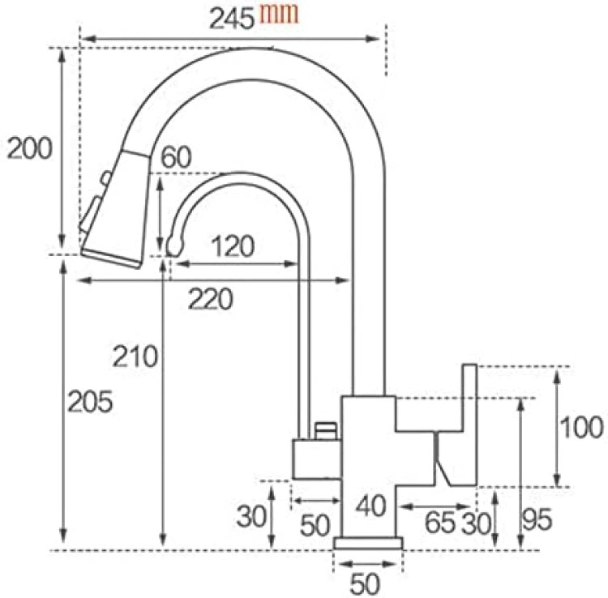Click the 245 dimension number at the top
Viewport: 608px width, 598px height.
(232, 19)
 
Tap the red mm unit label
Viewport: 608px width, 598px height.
(279, 13)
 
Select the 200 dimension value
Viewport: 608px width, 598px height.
(29, 148)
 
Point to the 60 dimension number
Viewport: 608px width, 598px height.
(176, 156)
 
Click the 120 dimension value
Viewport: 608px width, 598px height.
(233, 246)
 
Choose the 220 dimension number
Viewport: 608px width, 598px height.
(211, 299)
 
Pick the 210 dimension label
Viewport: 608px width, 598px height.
(135, 357)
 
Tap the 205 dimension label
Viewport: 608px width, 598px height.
(90, 402)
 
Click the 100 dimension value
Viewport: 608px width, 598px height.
(581, 427)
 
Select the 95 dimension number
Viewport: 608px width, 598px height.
(537, 519)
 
